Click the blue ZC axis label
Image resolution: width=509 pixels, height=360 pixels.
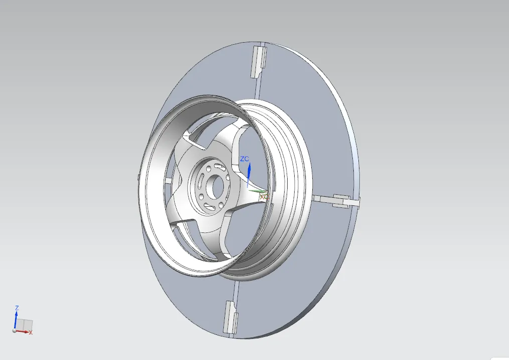click(244, 159)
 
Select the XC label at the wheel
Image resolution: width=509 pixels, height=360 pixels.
click(264, 197)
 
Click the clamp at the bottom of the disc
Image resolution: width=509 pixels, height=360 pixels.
click(230, 317)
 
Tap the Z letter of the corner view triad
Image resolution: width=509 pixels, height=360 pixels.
click(17, 308)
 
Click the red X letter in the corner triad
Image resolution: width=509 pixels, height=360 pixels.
click(31, 332)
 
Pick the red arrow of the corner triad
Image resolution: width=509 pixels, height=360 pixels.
click(23, 331)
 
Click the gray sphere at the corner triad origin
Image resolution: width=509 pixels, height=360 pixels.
click(14, 330)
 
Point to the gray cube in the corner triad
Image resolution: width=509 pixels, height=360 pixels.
click(26, 324)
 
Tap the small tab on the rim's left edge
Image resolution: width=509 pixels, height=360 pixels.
click(138, 176)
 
